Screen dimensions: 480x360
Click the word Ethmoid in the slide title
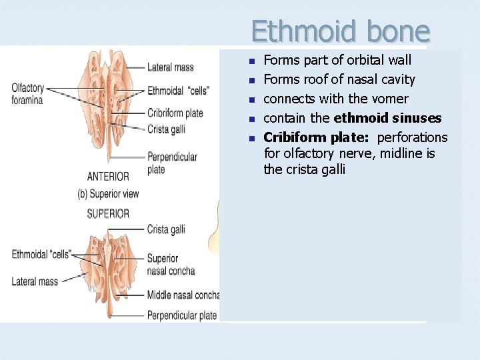[x=293, y=31]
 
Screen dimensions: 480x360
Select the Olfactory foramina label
[x=27, y=94]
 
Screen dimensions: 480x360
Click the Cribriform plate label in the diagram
[x=175, y=113]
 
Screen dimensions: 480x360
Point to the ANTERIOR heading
[x=108, y=177]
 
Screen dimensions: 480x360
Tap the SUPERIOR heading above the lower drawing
[x=108, y=213]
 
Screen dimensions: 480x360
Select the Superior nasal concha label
[x=171, y=265]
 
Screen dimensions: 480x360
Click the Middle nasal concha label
[x=183, y=295]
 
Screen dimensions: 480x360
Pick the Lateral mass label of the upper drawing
[x=170, y=67]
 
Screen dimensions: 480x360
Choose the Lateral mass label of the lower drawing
[x=35, y=281]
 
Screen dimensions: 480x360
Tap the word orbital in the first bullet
[x=361, y=60]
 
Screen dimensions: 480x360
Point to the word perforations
[x=412, y=137]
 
